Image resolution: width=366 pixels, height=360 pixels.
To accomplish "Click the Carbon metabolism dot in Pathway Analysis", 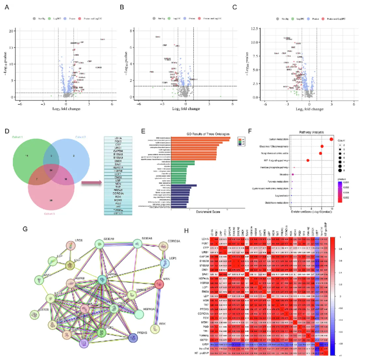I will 331,139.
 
